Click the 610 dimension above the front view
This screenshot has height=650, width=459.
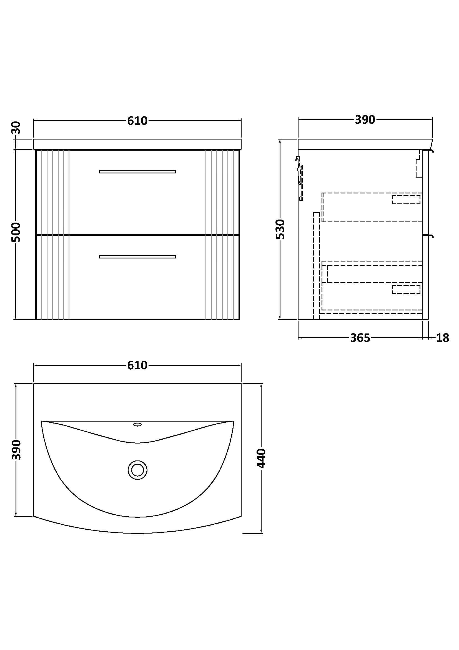coord(137,121)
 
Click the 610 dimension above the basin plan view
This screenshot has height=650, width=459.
coord(137,365)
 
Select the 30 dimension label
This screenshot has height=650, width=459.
coord(16,128)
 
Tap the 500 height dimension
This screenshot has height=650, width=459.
coord(16,232)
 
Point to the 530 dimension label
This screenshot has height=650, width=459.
coord(280,229)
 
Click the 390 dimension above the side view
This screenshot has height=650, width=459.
coord(365,120)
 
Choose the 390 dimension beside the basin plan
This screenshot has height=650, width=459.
coord(16,450)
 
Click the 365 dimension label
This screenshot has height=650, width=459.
coord(360,338)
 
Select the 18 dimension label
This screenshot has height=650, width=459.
coord(443,338)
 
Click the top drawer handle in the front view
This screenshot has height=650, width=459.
coord(137,171)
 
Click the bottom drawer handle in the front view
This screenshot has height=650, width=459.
coord(137,257)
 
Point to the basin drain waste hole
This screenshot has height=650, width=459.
coord(137,470)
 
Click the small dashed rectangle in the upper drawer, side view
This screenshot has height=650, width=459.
coord(406,200)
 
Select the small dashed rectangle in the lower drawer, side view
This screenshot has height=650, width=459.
coord(406,289)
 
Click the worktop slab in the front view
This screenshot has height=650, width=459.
coord(137,144)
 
